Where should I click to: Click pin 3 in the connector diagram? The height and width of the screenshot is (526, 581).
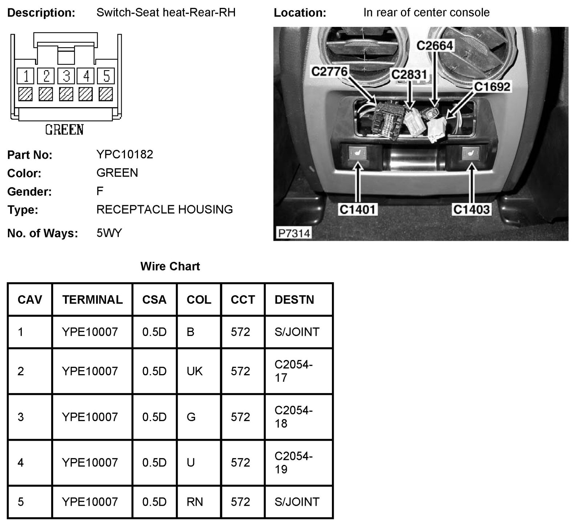point(66,76)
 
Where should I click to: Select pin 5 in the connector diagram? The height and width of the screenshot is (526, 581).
point(106,76)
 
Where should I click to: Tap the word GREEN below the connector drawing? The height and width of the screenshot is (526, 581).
point(64,130)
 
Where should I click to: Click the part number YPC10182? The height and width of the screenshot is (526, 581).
point(125,154)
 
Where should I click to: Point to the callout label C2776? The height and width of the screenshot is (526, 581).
point(329,71)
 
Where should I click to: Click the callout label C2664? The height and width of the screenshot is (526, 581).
point(435,46)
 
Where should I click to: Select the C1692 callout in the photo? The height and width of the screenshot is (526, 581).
point(492,87)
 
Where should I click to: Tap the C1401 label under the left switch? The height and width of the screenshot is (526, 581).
point(357,209)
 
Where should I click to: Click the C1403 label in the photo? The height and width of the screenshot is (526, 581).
point(471,209)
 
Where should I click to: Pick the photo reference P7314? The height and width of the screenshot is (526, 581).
point(294,233)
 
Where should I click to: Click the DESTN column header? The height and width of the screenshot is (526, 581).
point(294,300)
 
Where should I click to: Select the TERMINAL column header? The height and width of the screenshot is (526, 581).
point(92,300)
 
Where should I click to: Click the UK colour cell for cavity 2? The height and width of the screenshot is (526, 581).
point(195,371)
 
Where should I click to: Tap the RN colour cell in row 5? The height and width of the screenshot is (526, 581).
point(195,502)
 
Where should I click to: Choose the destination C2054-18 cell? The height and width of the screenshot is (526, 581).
point(293,417)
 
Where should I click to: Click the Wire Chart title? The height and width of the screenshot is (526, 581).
point(170,266)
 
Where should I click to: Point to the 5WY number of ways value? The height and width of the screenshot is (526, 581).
point(109,233)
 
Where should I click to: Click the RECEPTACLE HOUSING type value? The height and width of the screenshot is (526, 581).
point(164,209)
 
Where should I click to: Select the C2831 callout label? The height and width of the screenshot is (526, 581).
point(409,74)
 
